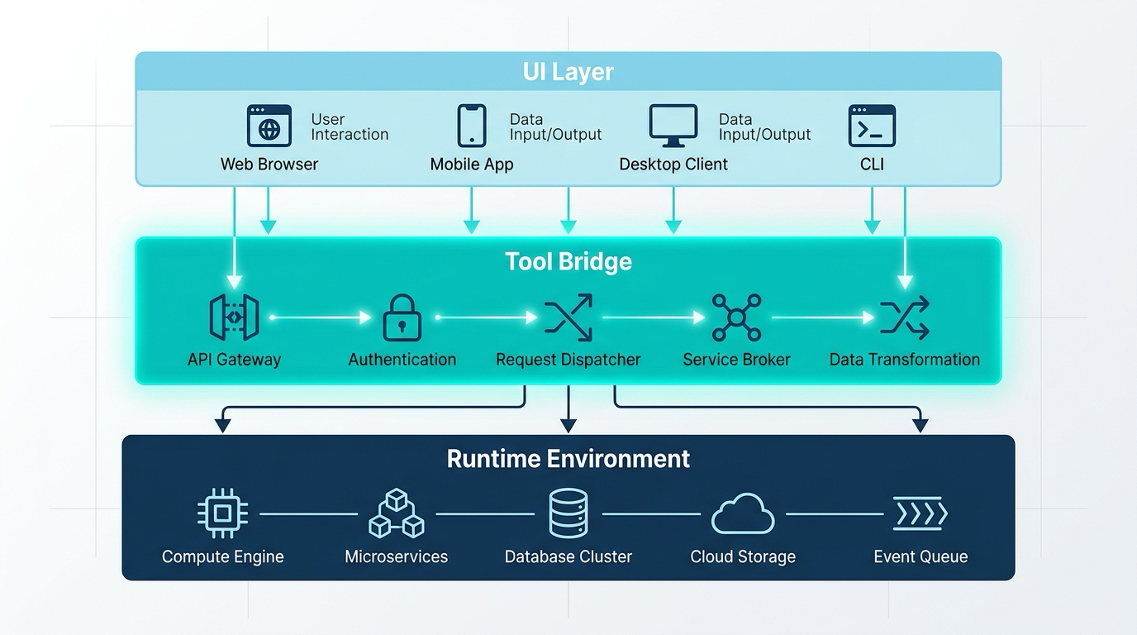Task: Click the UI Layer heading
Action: (x=568, y=72)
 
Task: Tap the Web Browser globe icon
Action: (x=269, y=126)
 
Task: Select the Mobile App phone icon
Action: (x=472, y=126)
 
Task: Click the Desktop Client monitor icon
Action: (x=673, y=126)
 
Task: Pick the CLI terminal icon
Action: (x=872, y=126)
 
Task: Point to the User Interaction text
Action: (x=350, y=127)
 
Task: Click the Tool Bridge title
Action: (x=568, y=261)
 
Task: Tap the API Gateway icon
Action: (x=234, y=317)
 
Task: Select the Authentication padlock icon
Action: (x=402, y=317)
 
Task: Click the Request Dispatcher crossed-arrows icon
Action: (x=568, y=317)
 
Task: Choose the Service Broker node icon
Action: (x=736, y=317)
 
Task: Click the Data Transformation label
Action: (x=905, y=360)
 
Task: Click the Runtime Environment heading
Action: (x=568, y=459)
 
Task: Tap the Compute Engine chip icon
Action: (x=223, y=513)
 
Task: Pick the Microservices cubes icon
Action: (x=397, y=513)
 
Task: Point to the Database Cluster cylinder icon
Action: (x=568, y=513)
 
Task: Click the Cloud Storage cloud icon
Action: (x=743, y=514)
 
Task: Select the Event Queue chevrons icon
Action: (x=921, y=513)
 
